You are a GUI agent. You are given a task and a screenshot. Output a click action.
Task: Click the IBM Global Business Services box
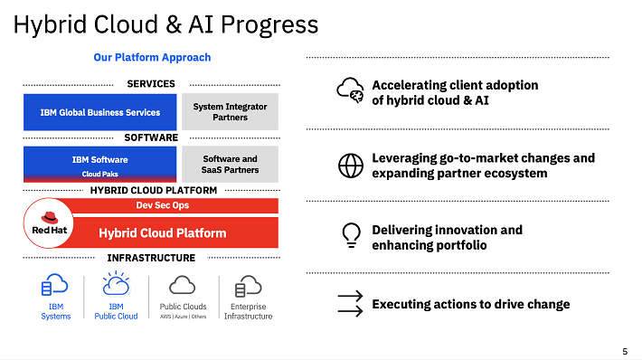pos(99,112)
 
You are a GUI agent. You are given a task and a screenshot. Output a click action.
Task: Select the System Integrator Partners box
pos(230,112)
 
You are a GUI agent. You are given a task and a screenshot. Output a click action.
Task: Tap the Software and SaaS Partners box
pos(230,165)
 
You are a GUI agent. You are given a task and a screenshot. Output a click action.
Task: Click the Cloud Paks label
pos(99,174)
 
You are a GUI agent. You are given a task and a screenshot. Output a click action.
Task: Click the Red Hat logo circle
pos(49,223)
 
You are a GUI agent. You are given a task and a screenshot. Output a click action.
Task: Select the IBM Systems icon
pos(54,285)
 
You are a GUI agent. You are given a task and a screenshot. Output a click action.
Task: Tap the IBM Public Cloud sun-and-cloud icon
pos(117,283)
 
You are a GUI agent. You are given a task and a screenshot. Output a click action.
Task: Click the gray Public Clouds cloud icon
pos(182,285)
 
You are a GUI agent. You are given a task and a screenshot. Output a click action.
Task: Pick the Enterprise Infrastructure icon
pos(248,286)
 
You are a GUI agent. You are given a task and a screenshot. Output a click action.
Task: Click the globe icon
pos(351,166)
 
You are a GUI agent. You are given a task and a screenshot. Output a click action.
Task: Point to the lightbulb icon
pos(352,235)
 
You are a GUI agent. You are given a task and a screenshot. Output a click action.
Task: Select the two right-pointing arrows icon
pos(351,304)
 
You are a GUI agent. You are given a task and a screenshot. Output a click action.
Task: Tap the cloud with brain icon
pos(350,90)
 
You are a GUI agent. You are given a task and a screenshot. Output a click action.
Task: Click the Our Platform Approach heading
pos(152,57)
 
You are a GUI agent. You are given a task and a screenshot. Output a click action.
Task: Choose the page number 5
pos(625,351)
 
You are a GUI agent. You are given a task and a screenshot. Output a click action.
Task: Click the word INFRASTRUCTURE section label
pos(151,258)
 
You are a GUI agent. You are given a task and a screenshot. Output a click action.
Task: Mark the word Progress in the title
pos(269,24)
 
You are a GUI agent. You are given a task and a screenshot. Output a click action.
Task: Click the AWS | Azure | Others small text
pos(183,317)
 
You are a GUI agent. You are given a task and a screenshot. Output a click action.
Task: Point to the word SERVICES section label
pos(151,84)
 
